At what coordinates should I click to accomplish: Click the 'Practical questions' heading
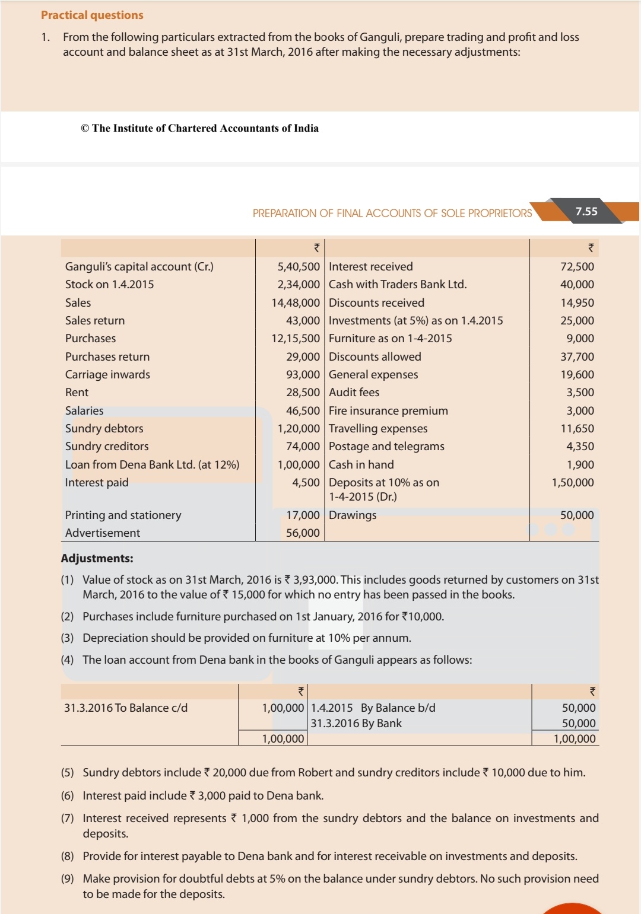tap(92, 15)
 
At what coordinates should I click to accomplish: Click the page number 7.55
tap(586, 211)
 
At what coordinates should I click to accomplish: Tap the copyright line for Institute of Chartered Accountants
tap(199, 128)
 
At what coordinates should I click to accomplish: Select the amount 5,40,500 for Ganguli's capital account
tap(298, 267)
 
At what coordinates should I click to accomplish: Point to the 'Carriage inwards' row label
tap(107, 375)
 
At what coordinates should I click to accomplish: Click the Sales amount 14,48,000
tap(296, 303)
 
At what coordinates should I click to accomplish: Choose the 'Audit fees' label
tap(354, 393)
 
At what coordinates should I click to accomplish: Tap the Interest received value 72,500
tap(577, 267)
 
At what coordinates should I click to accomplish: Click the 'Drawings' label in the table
tap(353, 515)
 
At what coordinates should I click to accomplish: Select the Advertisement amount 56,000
tap(303, 533)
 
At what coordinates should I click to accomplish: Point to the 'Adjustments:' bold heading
tap(97, 559)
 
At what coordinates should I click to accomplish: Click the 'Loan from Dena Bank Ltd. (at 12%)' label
tap(152, 465)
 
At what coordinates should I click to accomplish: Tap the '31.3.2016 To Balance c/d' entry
tap(126, 708)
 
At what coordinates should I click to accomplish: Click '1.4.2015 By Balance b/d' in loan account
tap(373, 708)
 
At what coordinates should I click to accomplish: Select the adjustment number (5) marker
tap(67, 773)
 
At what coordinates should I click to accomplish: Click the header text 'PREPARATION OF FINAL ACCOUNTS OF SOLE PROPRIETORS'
tap(392, 214)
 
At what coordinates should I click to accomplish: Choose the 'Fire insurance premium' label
tap(388, 411)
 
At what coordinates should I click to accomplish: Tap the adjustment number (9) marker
tap(67, 879)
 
